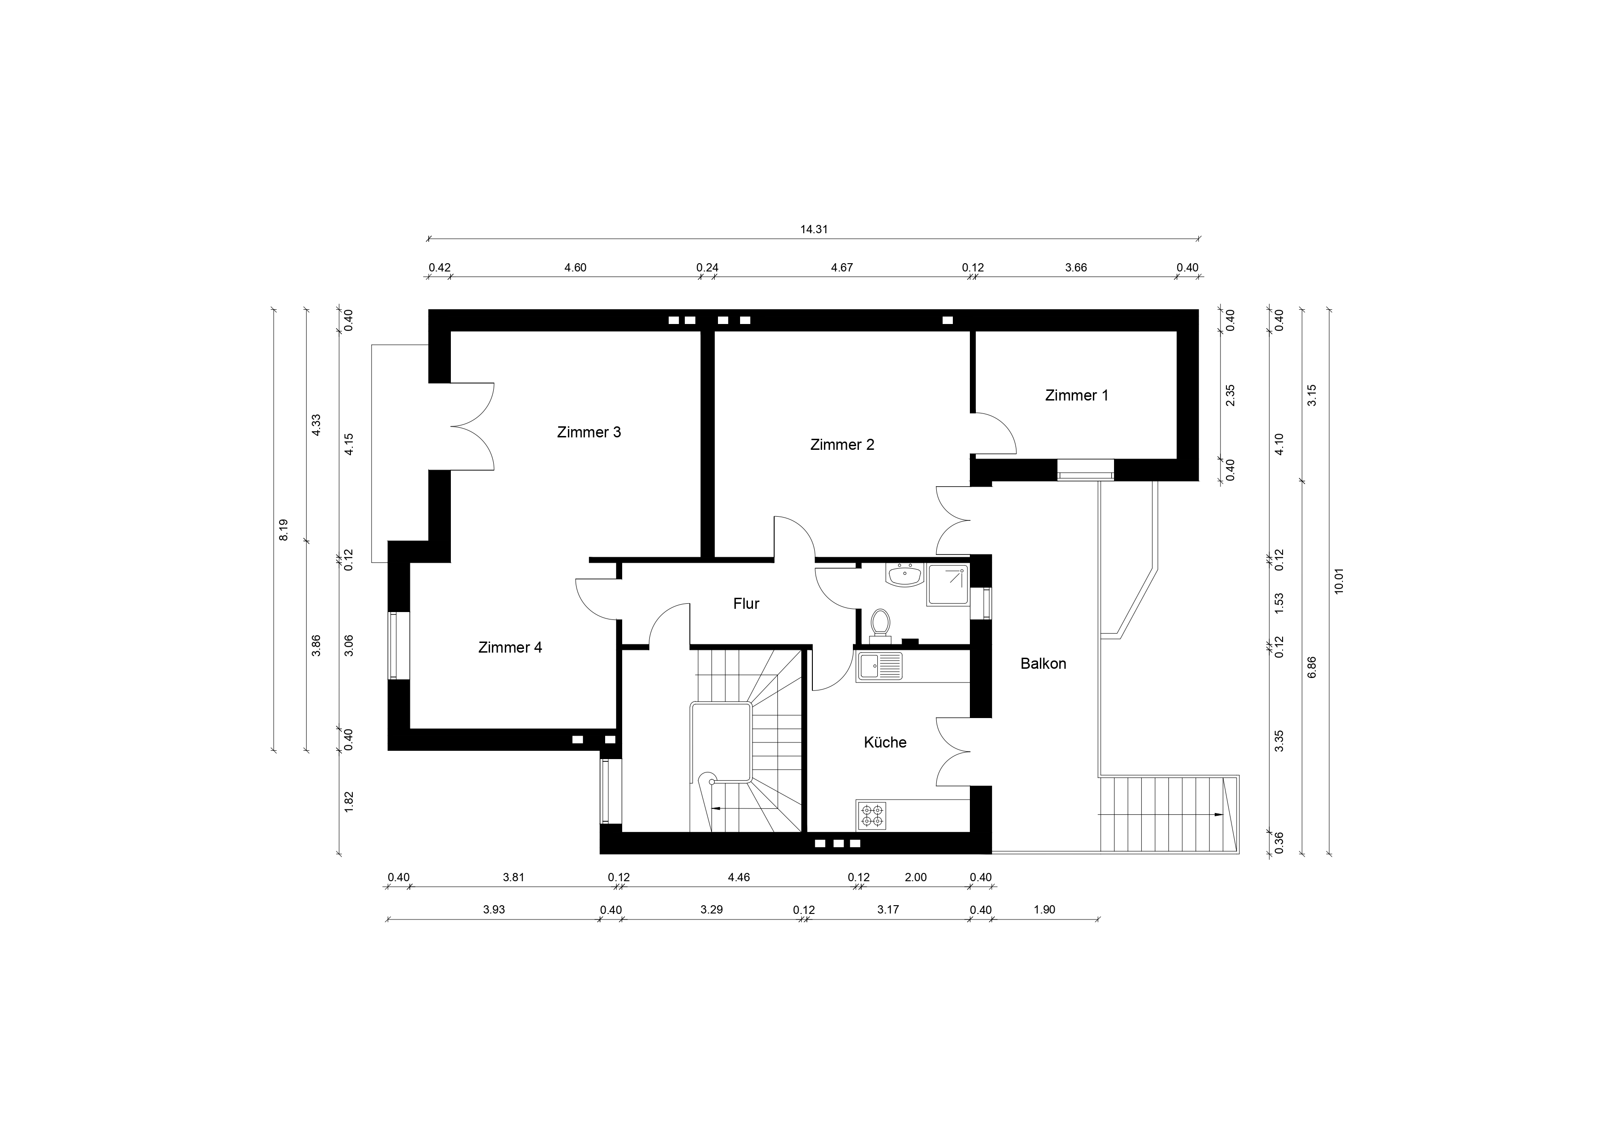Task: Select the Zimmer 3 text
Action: (589, 432)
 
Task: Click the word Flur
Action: (746, 604)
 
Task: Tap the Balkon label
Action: (1043, 663)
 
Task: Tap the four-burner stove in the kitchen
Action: (873, 815)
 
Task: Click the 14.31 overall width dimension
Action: (814, 230)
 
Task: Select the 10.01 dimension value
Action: (1339, 581)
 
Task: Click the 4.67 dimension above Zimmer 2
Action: (842, 268)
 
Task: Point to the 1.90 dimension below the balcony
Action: (1044, 910)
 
